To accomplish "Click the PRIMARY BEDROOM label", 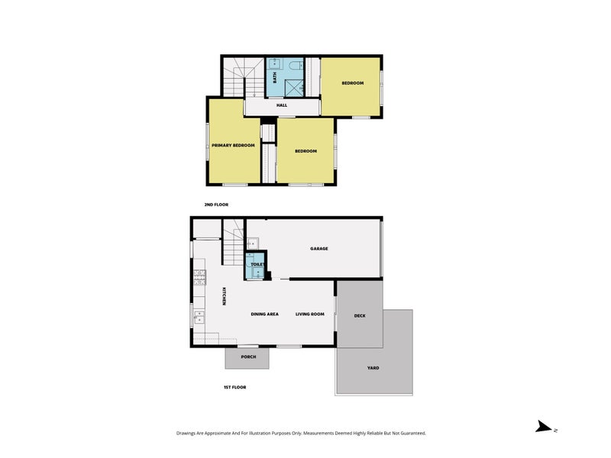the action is tap(233, 145).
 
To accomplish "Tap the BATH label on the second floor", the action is tap(275, 78).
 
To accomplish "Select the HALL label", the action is tap(282, 105).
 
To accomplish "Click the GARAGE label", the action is tap(319, 249).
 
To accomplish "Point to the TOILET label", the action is tap(257, 264).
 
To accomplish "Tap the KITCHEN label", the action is tap(224, 296).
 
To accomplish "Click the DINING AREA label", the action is tap(264, 314).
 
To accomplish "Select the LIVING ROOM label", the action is tap(310, 314).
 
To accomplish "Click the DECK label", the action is tap(360, 316).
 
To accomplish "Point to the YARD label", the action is tap(373, 368).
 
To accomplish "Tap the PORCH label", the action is tap(248, 356).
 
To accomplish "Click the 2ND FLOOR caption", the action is tap(216, 205).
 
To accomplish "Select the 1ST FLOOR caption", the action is tap(235, 387).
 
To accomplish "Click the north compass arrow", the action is tap(543, 427).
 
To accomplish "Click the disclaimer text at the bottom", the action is tap(301, 433).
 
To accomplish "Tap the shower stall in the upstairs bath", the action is tap(294, 88).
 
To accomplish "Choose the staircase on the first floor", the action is tap(234, 242).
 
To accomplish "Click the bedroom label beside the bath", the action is tap(353, 83).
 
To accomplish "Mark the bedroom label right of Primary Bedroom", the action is tap(306, 151).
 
